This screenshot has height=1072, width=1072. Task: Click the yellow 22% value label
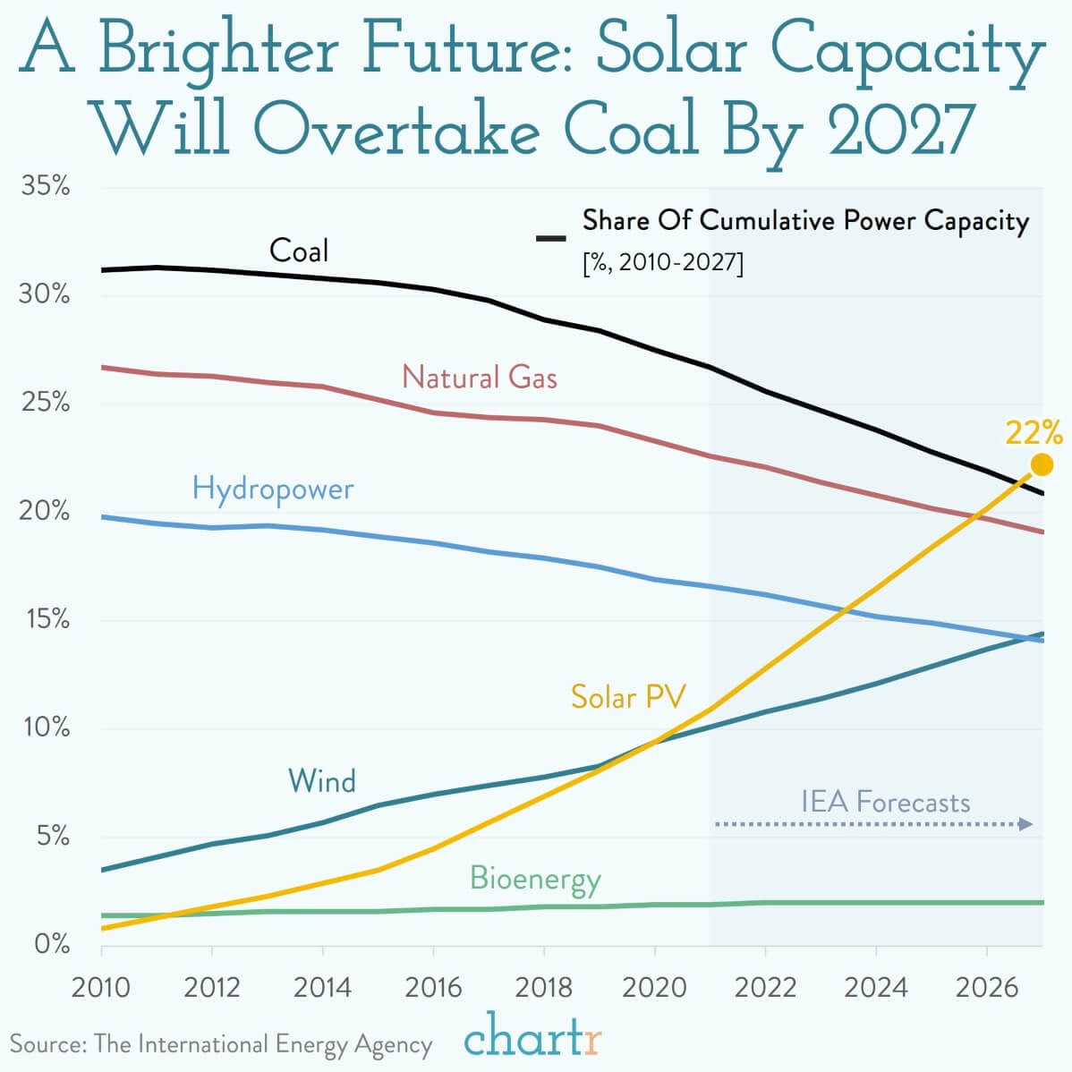(1034, 434)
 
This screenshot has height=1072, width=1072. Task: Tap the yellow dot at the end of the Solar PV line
(1042, 464)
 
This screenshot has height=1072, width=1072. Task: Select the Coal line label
(299, 251)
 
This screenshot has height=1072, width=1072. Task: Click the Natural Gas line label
(480, 377)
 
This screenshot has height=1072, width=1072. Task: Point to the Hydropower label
(273, 489)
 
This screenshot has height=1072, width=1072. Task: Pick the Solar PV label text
(628, 696)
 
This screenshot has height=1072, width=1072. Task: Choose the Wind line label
(321, 781)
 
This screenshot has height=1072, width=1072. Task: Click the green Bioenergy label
(535, 879)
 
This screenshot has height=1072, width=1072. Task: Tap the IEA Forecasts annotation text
(885, 801)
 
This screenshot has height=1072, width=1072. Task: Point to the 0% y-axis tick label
(52, 944)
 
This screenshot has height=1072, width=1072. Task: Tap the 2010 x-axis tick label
(101, 988)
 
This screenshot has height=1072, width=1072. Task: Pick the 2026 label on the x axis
(986, 988)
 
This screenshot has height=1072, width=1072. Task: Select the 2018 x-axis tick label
(544, 988)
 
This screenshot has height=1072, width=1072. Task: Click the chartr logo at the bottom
(533, 1040)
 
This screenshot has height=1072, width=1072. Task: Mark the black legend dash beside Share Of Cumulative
(550, 239)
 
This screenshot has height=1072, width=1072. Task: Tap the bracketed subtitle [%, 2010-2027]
(662, 265)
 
